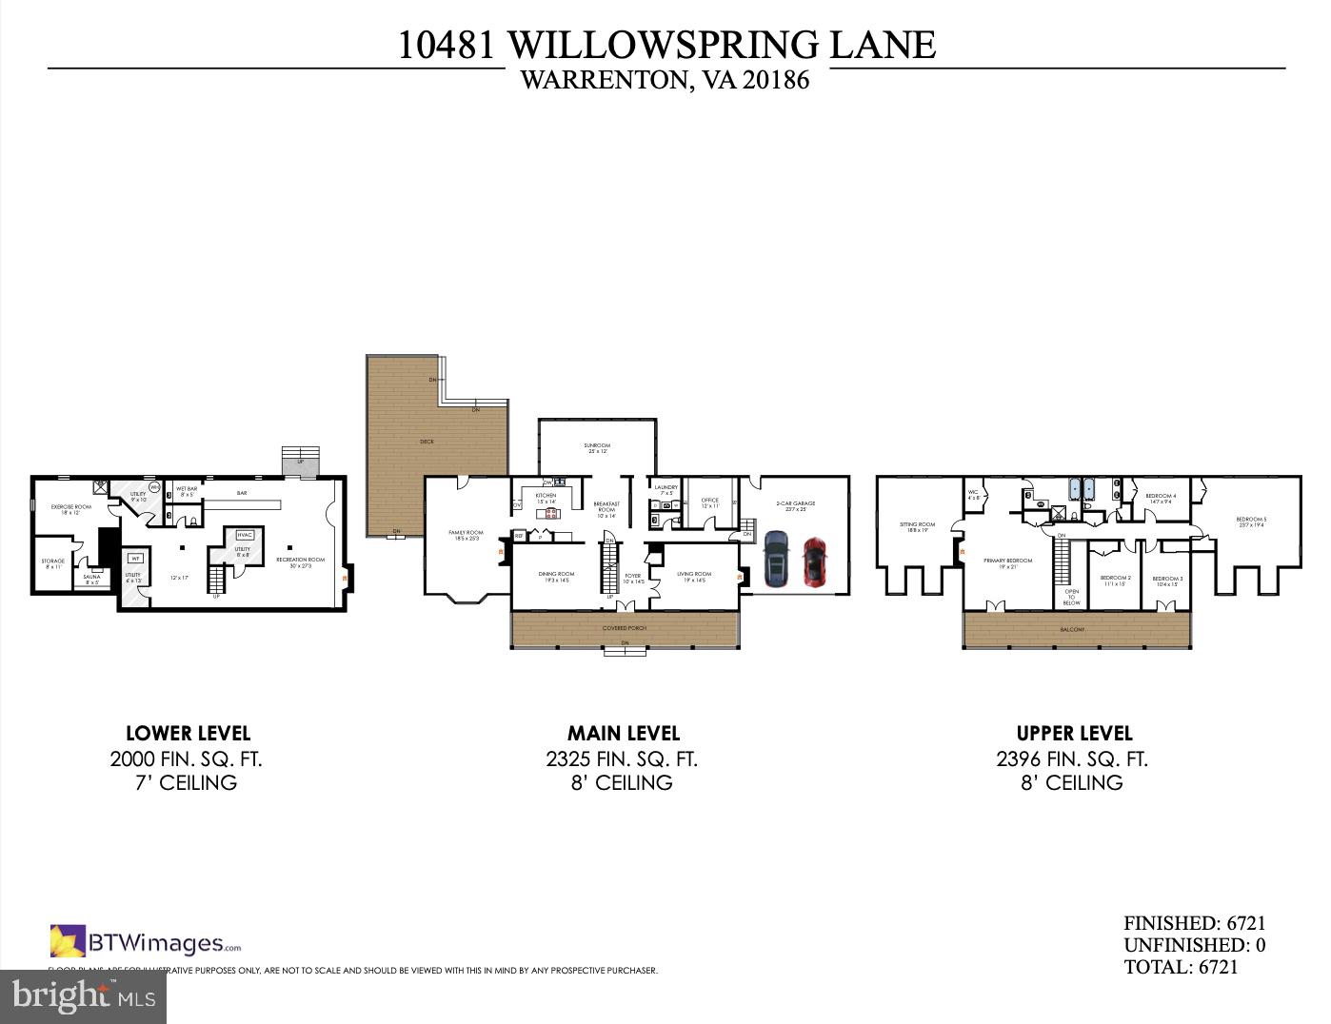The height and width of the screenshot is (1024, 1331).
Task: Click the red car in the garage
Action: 814,561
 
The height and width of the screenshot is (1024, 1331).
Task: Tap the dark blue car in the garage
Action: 776,559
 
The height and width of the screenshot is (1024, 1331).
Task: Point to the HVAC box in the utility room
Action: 245,535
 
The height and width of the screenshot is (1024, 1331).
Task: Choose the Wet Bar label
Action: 187,491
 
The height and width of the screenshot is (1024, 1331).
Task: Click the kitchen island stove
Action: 550,514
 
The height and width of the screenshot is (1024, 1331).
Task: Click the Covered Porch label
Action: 625,628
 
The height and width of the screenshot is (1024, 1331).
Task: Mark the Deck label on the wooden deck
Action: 427,442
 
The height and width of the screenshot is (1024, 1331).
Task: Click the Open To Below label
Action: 1071,597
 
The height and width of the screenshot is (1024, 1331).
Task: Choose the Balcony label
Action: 1072,629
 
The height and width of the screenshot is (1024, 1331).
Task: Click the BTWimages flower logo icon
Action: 68,941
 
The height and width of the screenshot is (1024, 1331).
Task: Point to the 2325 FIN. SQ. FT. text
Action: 622,759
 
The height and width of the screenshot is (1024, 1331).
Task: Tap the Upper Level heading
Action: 1074,733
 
